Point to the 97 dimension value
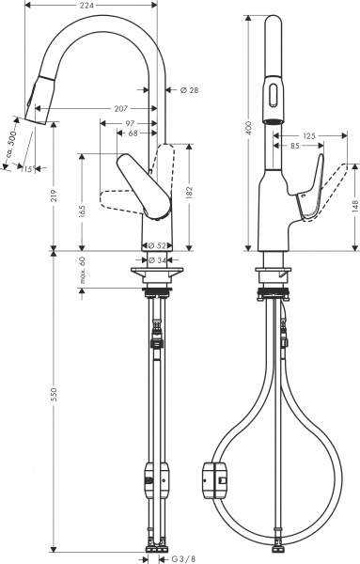(x=130, y=123)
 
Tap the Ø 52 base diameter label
(x=158, y=245)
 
